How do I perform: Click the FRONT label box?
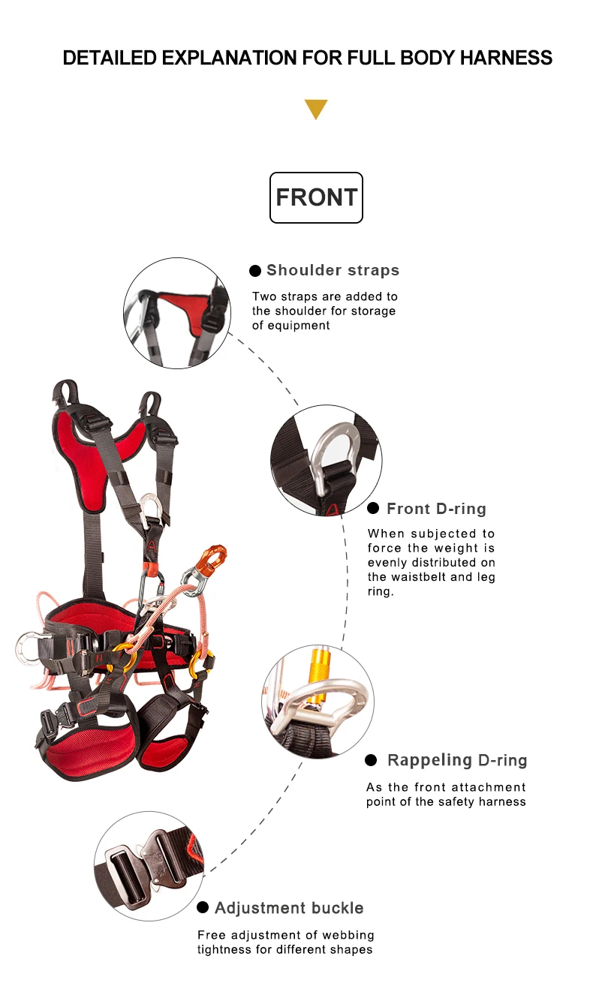pos(316,197)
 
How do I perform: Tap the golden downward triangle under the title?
pos(316,110)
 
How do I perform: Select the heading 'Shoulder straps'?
pos(333,270)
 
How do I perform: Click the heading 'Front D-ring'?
pos(436,509)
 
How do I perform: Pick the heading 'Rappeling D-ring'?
pos(457,760)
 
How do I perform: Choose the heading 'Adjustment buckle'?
pos(289,908)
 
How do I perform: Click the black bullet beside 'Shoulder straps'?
pos(255,270)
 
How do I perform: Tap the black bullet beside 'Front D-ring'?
pos(373,509)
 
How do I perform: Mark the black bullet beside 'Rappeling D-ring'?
pos(371,760)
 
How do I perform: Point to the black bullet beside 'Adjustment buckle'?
pos(203,908)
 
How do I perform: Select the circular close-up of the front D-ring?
pos(327,460)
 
